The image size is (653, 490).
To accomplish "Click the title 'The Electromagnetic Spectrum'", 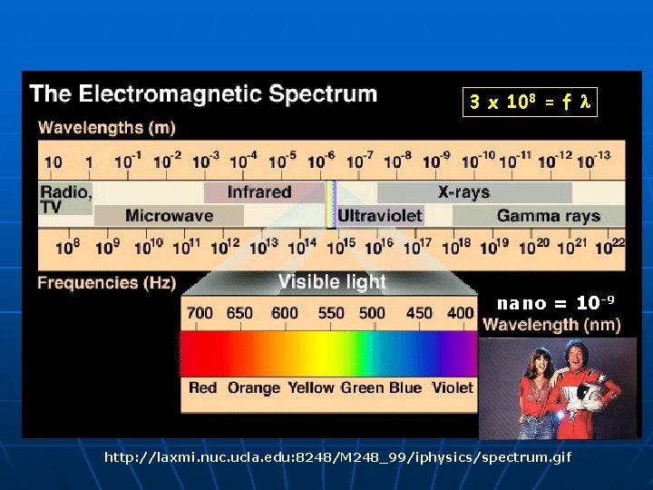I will click(x=203, y=93).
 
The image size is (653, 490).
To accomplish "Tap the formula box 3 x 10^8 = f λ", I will click(x=530, y=103).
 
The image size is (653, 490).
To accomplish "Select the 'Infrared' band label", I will click(x=258, y=192).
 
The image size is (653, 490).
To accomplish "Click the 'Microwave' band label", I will click(x=169, y=216).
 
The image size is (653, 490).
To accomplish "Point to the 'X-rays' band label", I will click(x=463, y=192).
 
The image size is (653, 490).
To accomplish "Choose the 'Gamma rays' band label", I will click(x=548, y=216).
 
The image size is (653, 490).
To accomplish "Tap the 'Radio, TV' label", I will click(x=64, y=199).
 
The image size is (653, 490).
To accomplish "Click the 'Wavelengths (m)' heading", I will click(x=106, y=127).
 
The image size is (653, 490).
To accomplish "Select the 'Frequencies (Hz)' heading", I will click(x=106, y=283).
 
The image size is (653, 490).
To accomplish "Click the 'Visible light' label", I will click(x=332, y=282).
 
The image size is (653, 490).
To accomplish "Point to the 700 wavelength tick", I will click(x=200, y=313).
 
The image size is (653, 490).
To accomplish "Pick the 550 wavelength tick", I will click(x=331, y=313).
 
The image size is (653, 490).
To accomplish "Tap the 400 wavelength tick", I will click(x=460, y=313).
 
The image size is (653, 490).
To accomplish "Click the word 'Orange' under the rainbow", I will click(x=254, y=387).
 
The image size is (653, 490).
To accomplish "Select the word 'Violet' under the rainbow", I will click(x=452, y=387).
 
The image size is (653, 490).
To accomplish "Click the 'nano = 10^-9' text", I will click(x=556, y=302).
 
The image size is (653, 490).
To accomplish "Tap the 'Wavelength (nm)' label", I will click(x=551, y=324).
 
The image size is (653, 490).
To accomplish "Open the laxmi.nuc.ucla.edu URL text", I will click(x=337, y=457).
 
